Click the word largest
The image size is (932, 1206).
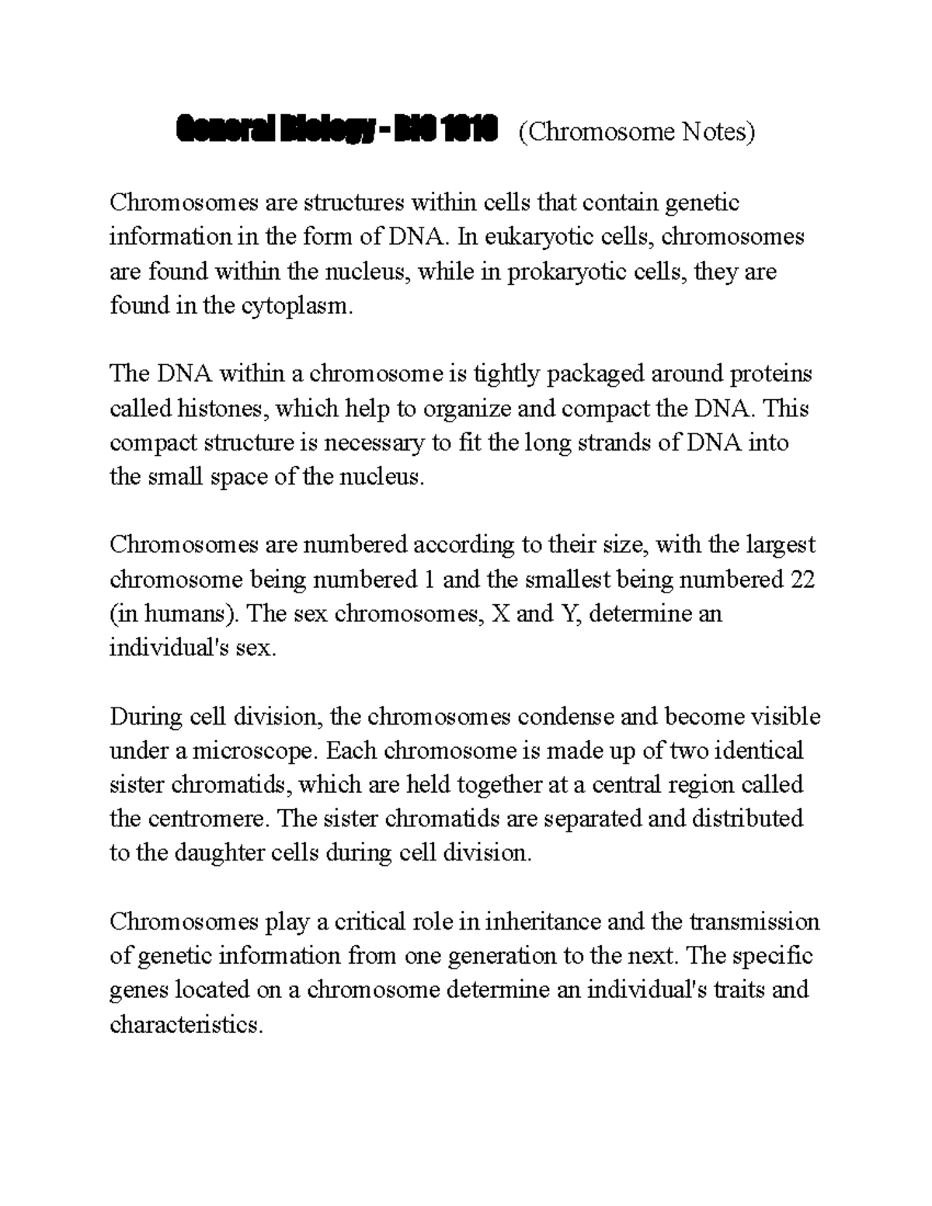coord(781,544)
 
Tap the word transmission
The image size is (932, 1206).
coord(753,922)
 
